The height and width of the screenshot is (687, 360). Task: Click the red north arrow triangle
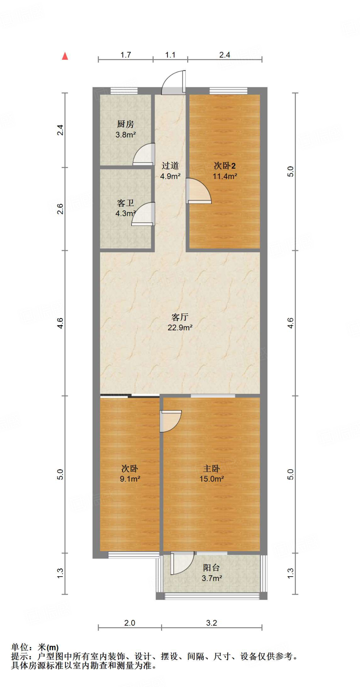click(65, 56)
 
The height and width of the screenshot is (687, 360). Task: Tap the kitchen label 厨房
click(125, 124)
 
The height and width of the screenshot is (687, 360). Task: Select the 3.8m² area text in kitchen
click(125, 135)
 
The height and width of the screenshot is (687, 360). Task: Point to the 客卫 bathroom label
click(125, 203)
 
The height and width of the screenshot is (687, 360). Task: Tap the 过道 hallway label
click(170, 165)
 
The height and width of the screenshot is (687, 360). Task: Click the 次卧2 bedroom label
click(224, 166)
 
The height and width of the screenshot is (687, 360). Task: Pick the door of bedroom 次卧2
click(198, 191)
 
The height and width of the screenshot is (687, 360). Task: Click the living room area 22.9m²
click(180, 328)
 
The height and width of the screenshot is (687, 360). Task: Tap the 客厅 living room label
click(180, 317)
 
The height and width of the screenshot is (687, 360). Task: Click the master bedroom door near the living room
click(170, 421)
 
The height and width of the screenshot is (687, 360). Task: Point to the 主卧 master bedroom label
click(211, 468)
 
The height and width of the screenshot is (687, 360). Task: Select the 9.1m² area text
click(130, 479)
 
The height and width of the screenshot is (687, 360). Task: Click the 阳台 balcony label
click(211, 568)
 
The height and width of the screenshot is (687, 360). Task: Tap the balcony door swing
click(182, 563)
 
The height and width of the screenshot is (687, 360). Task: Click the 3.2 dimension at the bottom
click(211, 623)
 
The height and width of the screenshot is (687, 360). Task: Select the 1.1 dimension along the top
click(170, 55)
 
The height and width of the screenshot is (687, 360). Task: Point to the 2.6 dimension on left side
click(60, 209)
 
